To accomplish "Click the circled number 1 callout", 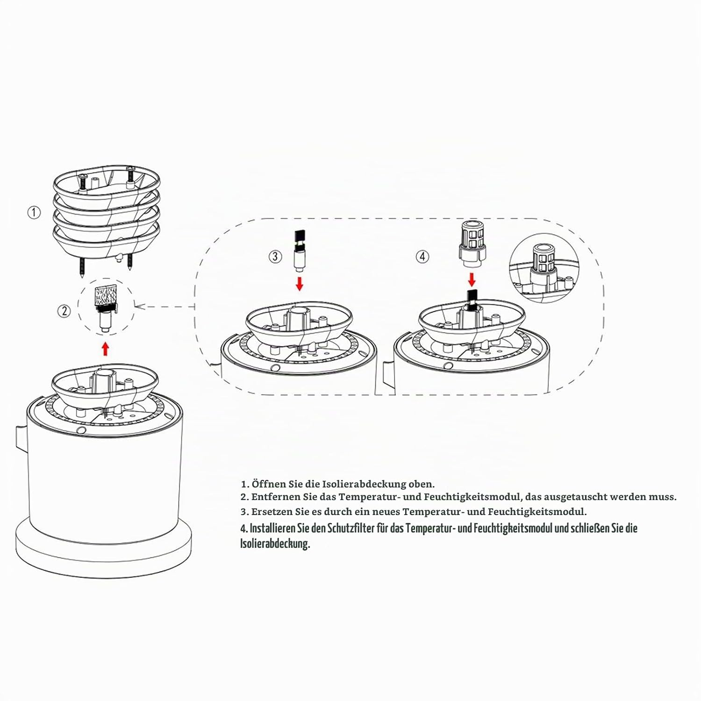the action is [x=34, y=213].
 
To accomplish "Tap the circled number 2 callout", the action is [x=64, y=310].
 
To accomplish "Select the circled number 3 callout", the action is [x=275, y=256].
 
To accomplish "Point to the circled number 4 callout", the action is [x=422, y=256].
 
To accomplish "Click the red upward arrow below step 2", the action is [x=105, y=349].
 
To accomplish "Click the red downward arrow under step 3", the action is [x=299, y=284].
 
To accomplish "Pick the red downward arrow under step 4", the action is [x=472, y=280].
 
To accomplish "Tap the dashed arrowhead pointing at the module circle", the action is [x=138, y=307].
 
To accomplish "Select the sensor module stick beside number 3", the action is [x=299, y=251].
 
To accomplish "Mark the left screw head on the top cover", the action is [x=84, y=176].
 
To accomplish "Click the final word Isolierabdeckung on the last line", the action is [x=275, y=544].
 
